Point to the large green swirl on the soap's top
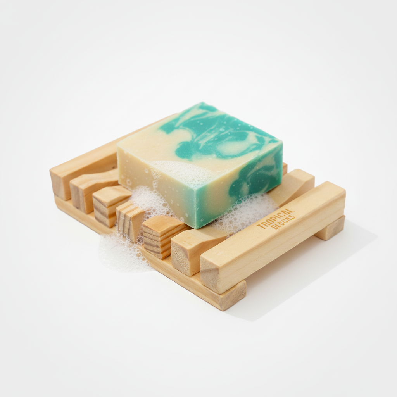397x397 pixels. click(x=217, y=134)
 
